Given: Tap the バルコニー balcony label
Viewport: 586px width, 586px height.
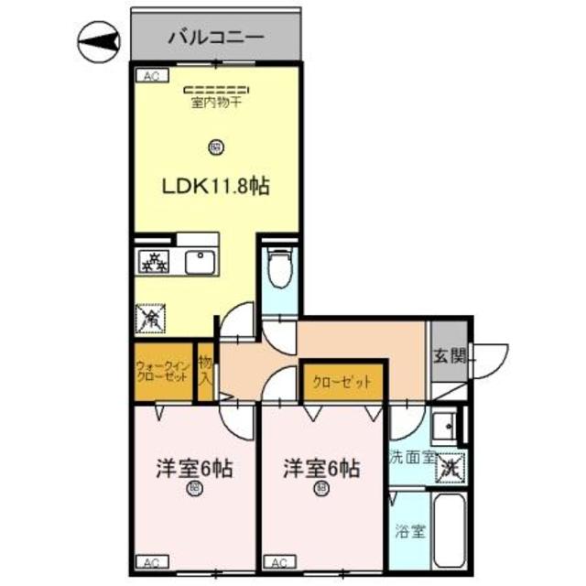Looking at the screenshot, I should (x=216, y=38).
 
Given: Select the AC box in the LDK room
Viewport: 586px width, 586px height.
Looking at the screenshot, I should (x=149, y=77).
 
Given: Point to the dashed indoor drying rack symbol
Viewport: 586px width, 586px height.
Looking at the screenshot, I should (x=216, y=90).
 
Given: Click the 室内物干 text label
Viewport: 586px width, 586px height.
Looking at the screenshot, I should (x=216, y=103).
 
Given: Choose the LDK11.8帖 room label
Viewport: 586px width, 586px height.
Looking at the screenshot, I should (x=216, y=186).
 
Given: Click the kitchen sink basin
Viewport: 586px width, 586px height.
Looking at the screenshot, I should (x=199, y=262).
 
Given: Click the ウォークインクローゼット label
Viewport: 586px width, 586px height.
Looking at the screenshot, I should (x=163, y=372).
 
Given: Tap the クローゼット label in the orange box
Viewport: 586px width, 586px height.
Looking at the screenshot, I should (x=342, y=383).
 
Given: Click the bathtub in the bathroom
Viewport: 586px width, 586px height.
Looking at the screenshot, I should (x=450, y=531).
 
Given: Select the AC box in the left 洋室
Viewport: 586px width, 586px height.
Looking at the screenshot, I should (x=149, y=562).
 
